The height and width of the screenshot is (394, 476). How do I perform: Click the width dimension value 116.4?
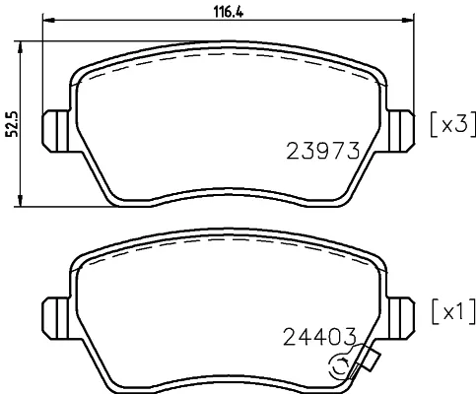(229, 12)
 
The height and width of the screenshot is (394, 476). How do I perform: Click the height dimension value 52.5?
(13, 123)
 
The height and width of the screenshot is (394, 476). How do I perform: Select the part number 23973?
(323, 151)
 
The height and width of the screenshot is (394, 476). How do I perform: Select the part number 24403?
(319, 337)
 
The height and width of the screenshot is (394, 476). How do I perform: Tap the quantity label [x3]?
(452, 124)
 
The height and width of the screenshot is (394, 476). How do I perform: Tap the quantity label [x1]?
(453, 311)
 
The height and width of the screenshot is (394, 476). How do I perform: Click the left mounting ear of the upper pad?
(56, 131)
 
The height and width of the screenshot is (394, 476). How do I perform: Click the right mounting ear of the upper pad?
(401, 131)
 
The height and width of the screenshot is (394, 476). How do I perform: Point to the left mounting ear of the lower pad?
(56, 318)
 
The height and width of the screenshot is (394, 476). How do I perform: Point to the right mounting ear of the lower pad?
(401, 318)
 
